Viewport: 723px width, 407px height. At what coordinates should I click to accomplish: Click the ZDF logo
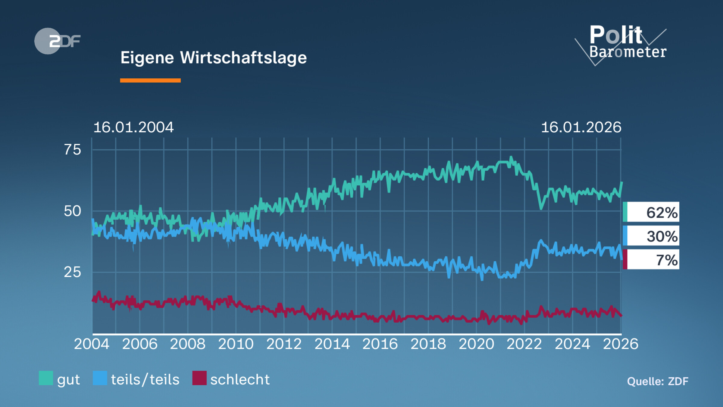57,41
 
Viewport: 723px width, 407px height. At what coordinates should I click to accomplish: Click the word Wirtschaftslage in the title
243,58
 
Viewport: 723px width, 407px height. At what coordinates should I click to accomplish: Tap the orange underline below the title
150,80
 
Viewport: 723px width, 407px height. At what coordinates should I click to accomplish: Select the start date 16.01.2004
133,127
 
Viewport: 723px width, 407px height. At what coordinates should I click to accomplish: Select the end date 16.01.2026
581,127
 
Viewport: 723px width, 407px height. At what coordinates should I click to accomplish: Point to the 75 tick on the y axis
72,150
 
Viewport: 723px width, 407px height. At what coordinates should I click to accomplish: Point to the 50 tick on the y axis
72,211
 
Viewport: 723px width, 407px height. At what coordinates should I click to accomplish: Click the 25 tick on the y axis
72,272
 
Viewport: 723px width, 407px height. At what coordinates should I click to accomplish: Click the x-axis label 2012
284,344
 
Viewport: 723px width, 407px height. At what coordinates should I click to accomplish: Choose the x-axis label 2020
476,344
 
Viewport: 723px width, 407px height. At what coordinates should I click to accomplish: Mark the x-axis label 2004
92,344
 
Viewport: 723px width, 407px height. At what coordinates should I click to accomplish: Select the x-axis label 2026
620,344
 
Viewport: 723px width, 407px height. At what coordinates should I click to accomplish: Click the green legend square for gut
46,378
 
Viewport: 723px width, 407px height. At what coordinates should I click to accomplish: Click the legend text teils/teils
145,380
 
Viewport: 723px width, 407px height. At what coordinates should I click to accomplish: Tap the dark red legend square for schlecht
199,378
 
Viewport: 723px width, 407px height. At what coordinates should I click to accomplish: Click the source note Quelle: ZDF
657,381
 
